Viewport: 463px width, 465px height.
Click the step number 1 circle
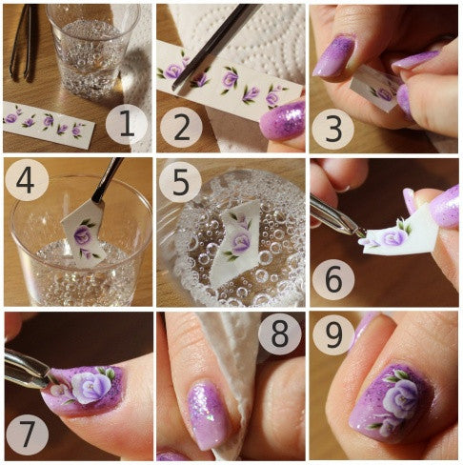(x=127, y=125)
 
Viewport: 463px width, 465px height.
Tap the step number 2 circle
(x=181, y=128)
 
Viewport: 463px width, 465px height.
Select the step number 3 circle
(x=332, y=130)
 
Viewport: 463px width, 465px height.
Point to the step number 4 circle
(x=27, y=180)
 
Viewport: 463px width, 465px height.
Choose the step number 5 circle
(x=180, y=182)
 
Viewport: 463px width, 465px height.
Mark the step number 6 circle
(x=333, y=279)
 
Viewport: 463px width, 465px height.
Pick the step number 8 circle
(x=279, y=334)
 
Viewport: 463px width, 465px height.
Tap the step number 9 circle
(x=333, y=335)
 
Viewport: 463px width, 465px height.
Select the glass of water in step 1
(x=92, y=51)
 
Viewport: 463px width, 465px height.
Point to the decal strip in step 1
(x=48, y=124)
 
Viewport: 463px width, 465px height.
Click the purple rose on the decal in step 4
(x=82, y=235)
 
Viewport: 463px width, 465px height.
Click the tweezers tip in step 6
(x=361, y=233)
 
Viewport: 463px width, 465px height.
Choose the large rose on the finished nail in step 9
(x=400, y=397)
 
